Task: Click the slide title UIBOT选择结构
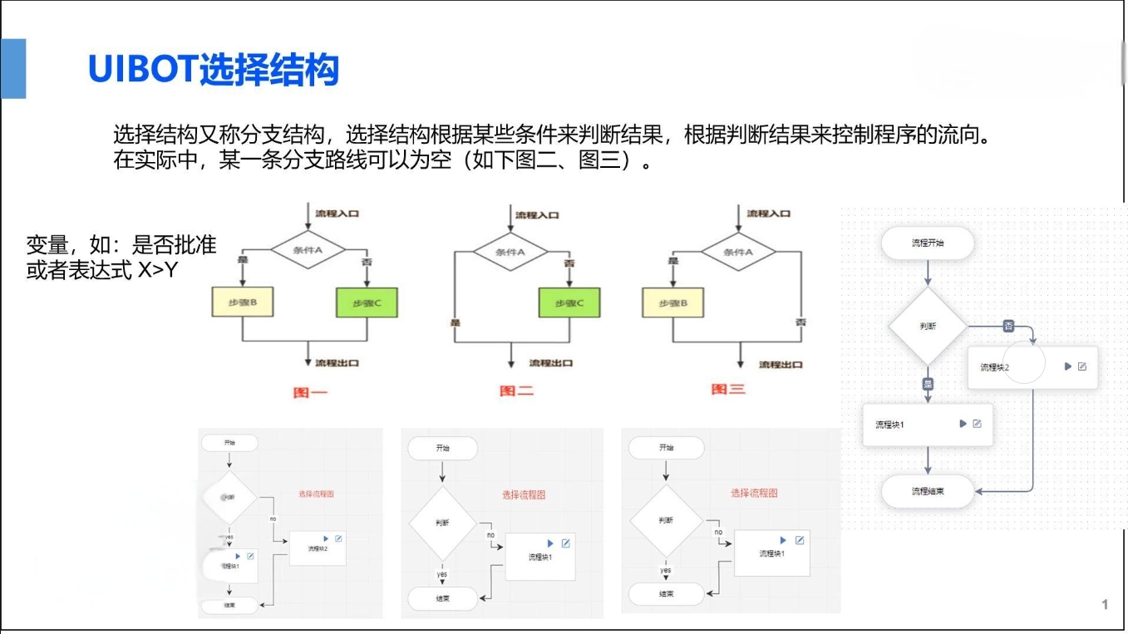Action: pyautogui.click(x=214, y=69)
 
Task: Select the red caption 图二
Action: pyautogui.click(x=516, y=391)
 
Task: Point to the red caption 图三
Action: pyautogui.click(x=728, y=389)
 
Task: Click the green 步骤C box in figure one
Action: pyautogui.click(x=367, y=303)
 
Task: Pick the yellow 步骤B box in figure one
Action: pyautogui.click(x=243, y=302)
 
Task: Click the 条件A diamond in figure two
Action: pyautogui.click(x=510, y=252)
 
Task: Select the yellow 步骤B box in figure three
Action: pyautogui.click(x=673, y=302)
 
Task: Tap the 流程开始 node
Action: pyautogui.click(x=928, y=243)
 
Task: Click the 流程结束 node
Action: pyautogui.click(x=928, y=491)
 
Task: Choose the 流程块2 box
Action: pyautogui.click(x=1032, y=367)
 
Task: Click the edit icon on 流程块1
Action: pyautogui.click(x=977, y=424)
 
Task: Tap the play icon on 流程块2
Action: pyautogui.click(x=1068, y=366)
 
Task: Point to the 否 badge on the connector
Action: pyautogui.click(x=1008, y=326)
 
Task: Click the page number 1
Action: pyautogui.click(x=1105, y=604)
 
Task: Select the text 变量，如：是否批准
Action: pyautogui.click(x=121, y=245)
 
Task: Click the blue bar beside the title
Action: pyautogui.click(x=13, y=68)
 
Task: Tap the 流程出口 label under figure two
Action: pyautogui.click(x=550, y=363)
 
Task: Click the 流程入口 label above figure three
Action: pyautogui.click(x=768, y=214)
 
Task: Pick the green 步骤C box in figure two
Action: pyautogui.click(x=569, y=303)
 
